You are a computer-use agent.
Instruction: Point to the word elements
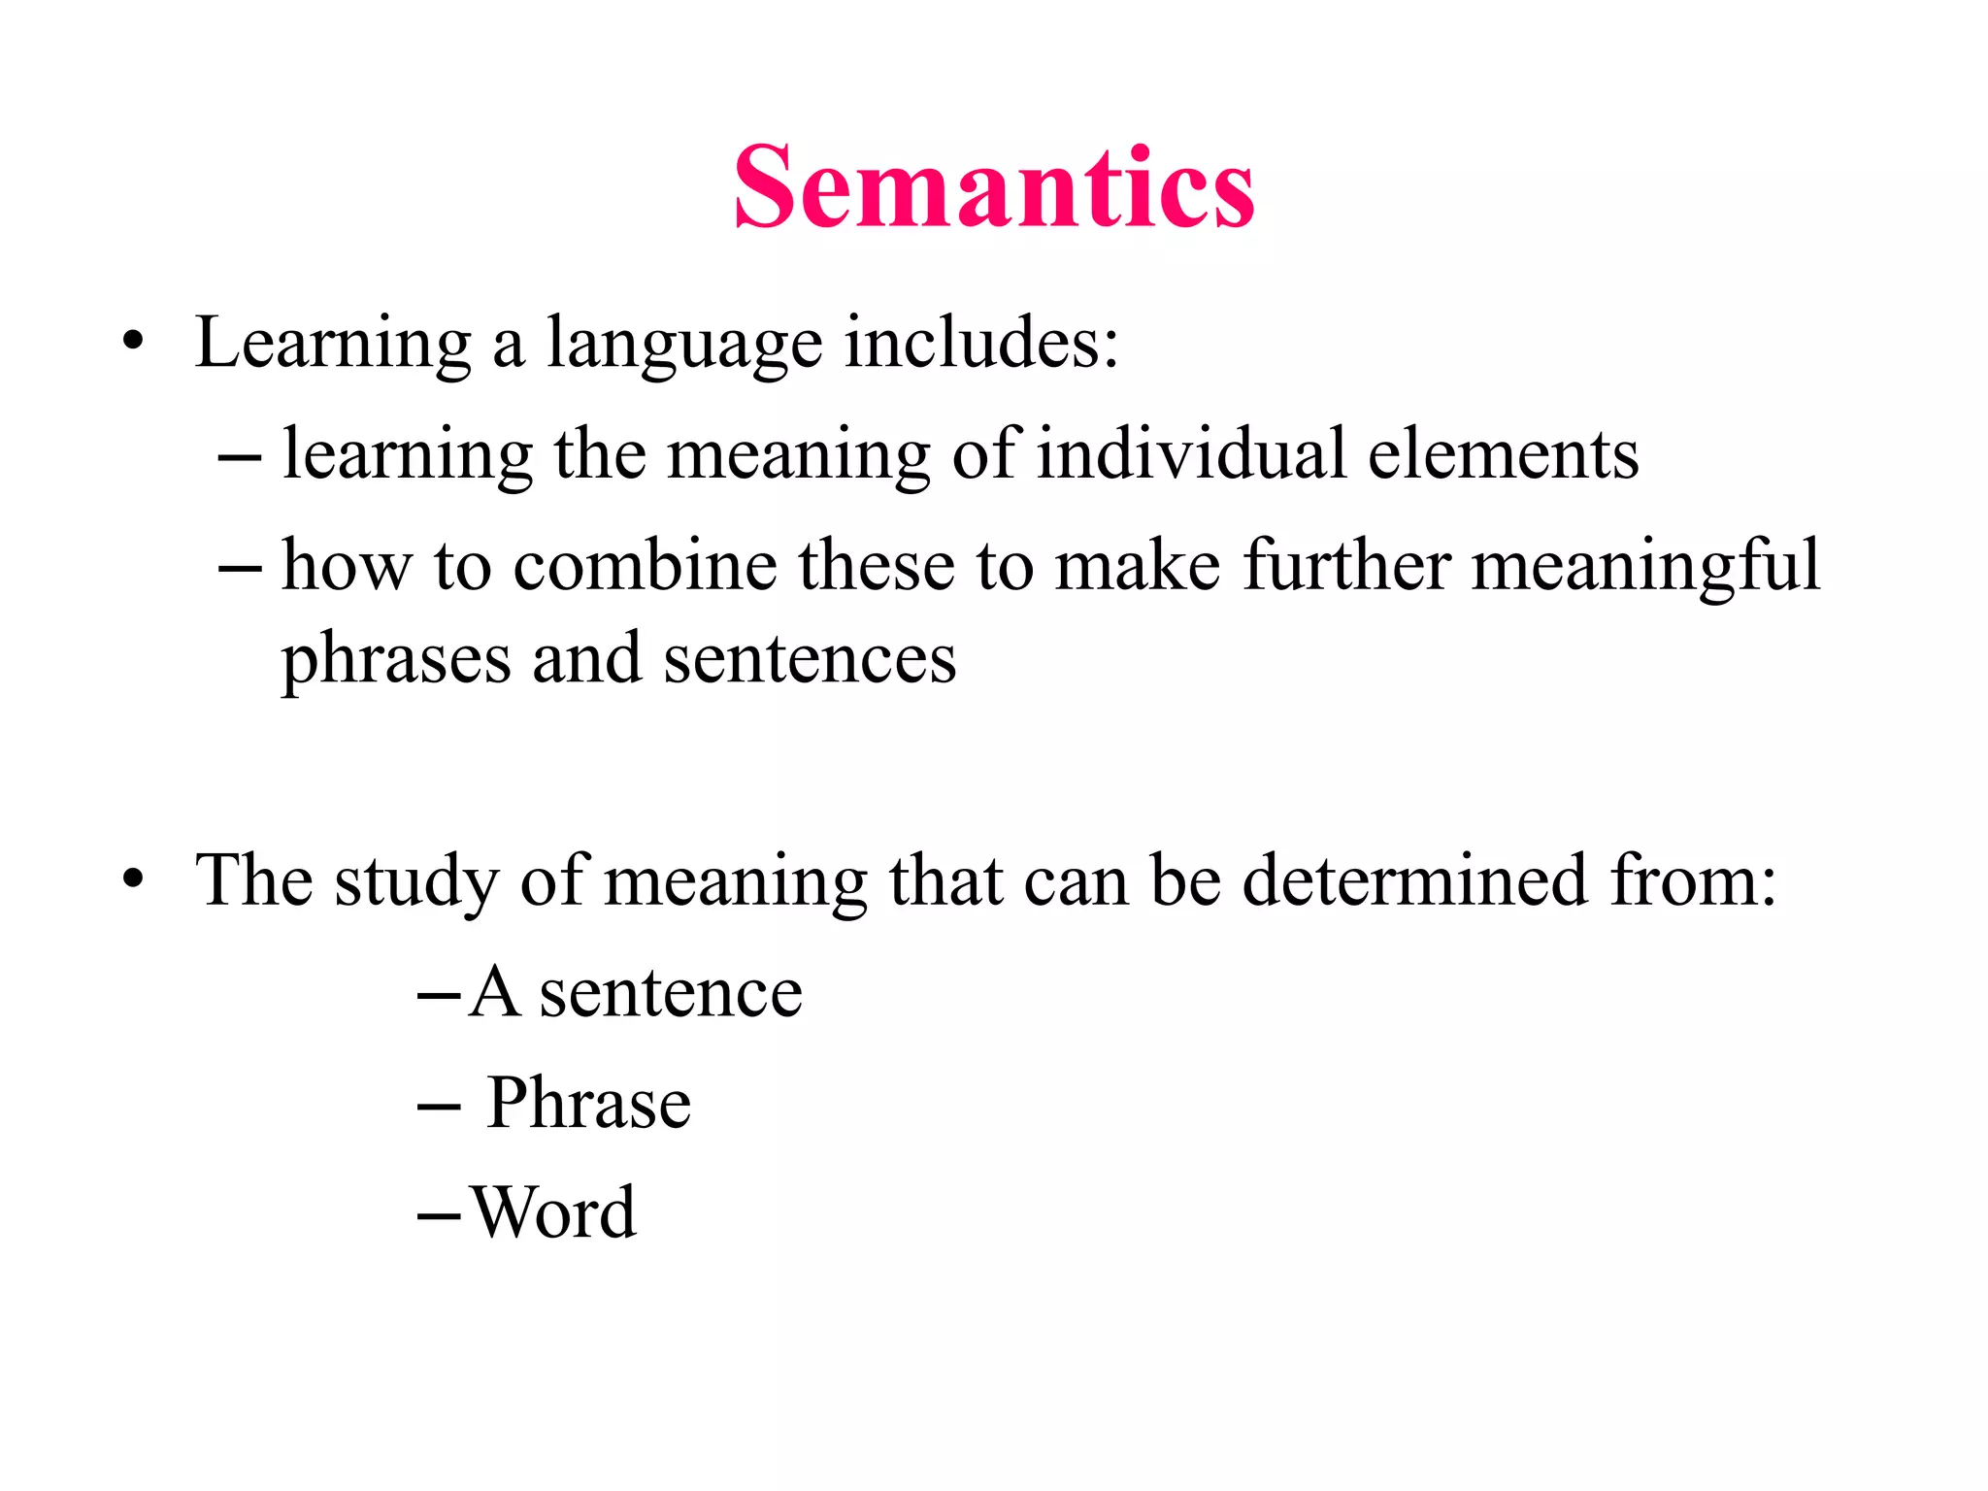(1504, 453)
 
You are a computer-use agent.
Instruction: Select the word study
(416, 882)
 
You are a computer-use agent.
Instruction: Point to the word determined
(1415, 880)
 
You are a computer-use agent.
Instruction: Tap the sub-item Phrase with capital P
(588, 1104)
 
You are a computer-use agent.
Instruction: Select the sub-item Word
(553, 1212)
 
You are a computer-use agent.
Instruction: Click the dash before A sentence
(438, 995)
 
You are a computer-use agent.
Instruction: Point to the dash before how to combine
(240, 567)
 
